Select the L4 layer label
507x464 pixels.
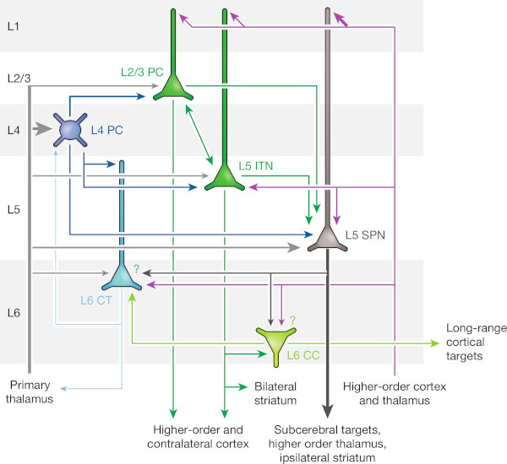click(x=12, y=130)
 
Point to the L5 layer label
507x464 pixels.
click(x=12, y=208)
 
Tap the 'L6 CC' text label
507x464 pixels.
click(x=304, y=356)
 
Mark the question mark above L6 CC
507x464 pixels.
click(x=293, y=320)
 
